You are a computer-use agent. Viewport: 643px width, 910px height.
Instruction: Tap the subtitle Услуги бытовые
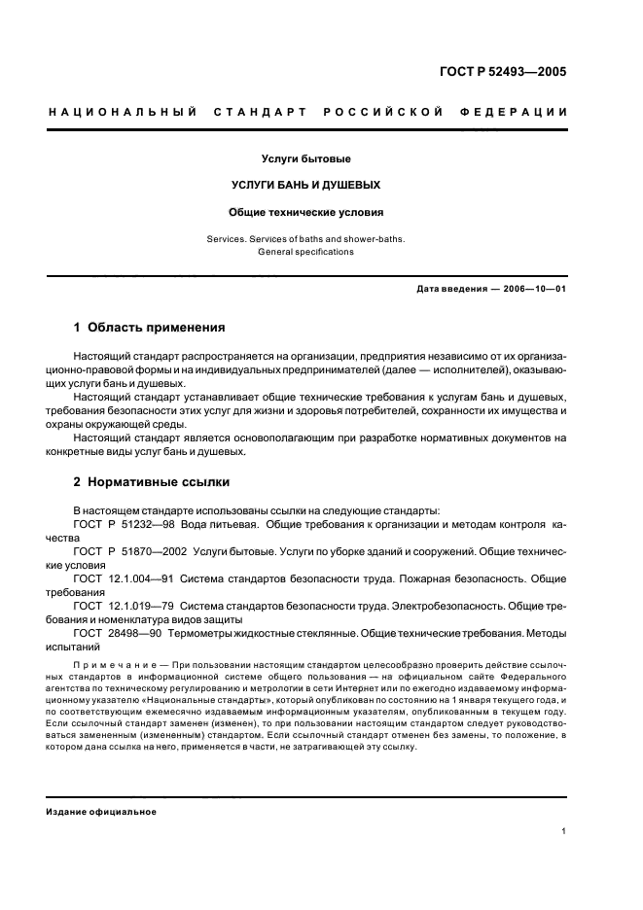[305, 158]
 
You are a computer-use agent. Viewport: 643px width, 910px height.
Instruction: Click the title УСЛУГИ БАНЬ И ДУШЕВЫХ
[305, 185]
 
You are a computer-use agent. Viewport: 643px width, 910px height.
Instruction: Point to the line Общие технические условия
[305, 211]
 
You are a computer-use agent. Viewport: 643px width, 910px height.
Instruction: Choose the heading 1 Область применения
[150, 328]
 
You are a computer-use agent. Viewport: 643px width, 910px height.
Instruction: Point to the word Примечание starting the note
[105, 666]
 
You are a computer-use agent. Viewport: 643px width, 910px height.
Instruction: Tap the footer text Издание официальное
[101, 811]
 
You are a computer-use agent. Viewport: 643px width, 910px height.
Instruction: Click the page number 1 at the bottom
[564, 831]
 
